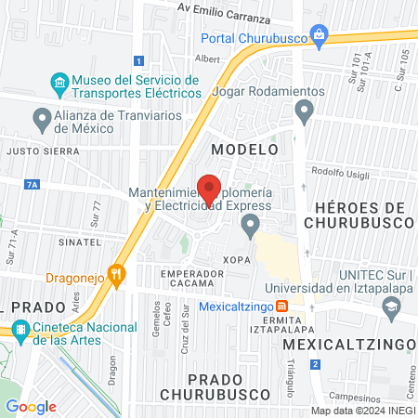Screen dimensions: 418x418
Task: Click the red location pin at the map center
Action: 209,189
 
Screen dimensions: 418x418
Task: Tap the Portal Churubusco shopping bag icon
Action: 320,38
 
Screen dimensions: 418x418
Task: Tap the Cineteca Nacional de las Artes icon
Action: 20,328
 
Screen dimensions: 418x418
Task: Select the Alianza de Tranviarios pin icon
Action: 42,118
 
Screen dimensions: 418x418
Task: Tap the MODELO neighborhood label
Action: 244,149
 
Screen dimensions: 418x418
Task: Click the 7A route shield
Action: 33,185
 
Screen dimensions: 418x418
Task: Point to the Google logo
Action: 31,406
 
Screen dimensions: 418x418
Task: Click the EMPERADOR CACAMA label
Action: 191,277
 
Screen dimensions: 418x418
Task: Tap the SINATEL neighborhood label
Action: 79,241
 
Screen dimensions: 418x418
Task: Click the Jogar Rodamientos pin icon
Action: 304,111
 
